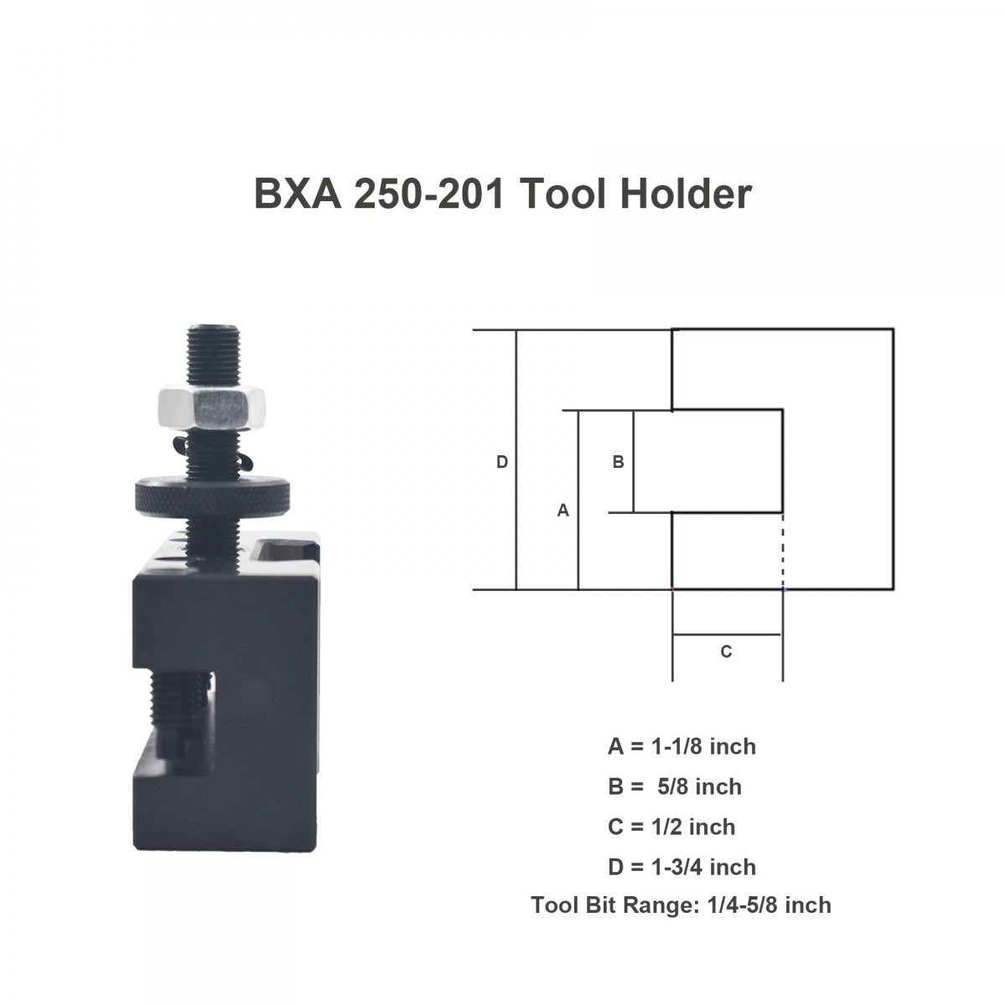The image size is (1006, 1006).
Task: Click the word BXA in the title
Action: [298, 194]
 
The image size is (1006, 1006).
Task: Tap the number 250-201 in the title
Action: [429, 194]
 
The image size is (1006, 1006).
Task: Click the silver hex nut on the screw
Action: [212, 408]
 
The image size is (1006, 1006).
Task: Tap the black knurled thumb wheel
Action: [212, 496]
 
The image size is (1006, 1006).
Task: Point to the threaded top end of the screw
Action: [213, 355]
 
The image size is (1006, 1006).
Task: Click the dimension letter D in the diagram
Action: [501, 462]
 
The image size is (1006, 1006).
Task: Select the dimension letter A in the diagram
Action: [563, 510]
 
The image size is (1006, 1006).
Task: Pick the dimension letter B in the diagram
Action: [618, 462]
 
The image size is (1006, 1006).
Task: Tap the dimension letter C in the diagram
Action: [726, 651]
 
